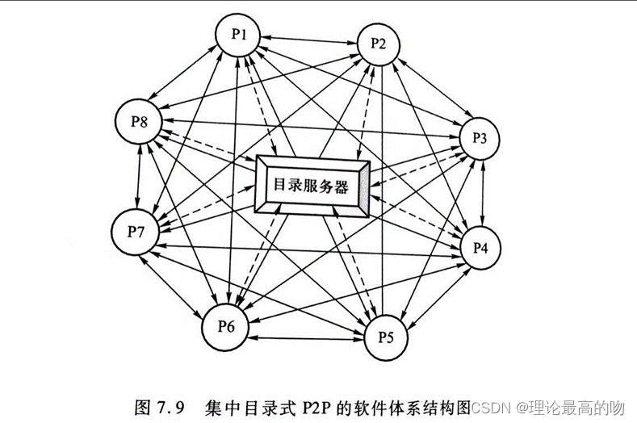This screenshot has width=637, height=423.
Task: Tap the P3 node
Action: [x=480, y=137]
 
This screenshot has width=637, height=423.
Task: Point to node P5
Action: [x=385, y=335]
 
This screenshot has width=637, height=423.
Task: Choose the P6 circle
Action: [x=226, y=326]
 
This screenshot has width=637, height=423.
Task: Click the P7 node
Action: [x=136, y=232]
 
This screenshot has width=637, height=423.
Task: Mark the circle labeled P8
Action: [x=140, y=124]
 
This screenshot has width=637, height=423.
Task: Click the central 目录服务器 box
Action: [x=312, y=186]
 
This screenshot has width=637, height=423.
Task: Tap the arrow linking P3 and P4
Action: [x=482, y=192]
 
